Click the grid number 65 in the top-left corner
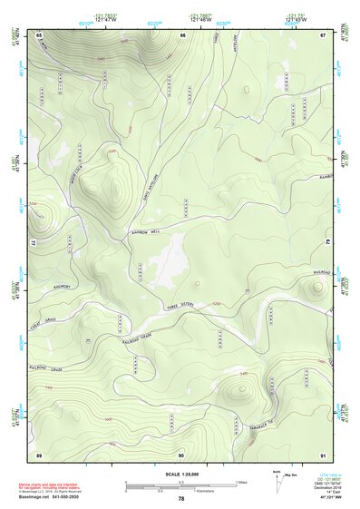[39, 34]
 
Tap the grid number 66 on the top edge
[182, 34]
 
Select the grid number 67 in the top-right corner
[322, 34]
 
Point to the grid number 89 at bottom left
[39, 454]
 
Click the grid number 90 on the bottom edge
[181, 454]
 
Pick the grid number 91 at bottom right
[323, 454]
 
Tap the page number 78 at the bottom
[181, 499]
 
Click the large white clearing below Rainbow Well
[168, 263]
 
